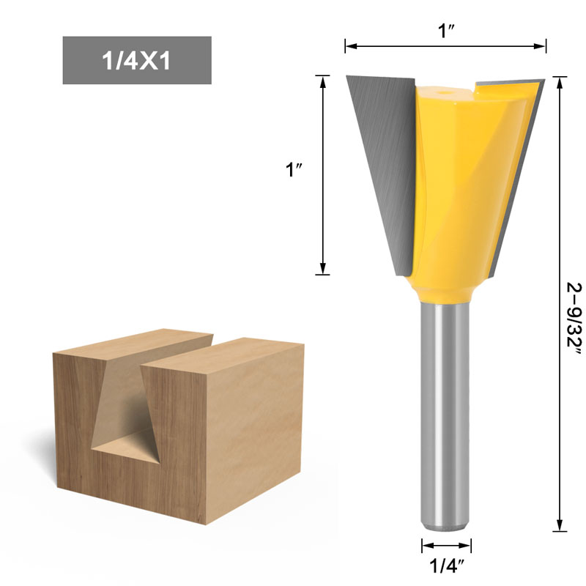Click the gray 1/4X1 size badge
click(137, 60)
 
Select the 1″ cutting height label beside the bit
click(294, 170)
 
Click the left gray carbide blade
click(381, 161)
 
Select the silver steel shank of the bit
click(445, 410)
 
